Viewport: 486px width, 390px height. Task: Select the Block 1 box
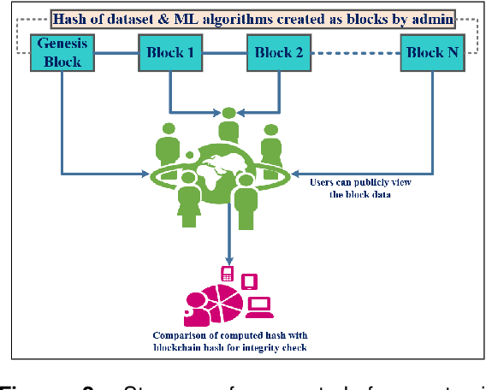point(169,52)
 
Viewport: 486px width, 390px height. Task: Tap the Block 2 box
point(279,52)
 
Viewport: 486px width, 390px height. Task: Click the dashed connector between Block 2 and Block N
point(354,52)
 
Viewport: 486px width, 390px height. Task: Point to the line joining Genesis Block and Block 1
point(116,52)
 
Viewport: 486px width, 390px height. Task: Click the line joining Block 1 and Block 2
point(224,52)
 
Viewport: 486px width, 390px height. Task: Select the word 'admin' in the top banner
point(432,17)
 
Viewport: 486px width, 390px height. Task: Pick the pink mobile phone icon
point(228,274)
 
